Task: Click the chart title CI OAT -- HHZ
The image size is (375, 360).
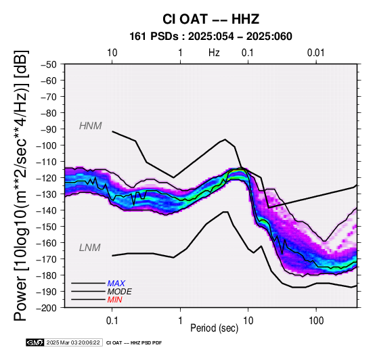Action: click(211, 19)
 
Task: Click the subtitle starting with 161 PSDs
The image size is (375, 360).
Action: click(211, 37)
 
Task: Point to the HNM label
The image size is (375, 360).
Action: click(91, 126)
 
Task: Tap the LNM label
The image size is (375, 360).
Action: click(89, 248)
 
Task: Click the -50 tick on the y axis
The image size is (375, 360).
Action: click(49, 64)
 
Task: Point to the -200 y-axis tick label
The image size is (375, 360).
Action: click(47, 308)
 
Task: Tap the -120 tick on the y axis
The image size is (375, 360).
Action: click(47, 178)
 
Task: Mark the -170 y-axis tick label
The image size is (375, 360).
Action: click(47, 259)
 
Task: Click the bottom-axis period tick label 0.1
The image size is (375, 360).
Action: click(112, 321)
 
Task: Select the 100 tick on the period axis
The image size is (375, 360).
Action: click(316, 321)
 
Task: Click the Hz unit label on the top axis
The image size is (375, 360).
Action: click(214, 53)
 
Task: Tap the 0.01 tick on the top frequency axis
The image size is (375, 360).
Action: click(316, 53)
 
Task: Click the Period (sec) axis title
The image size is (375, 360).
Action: click(215, 328)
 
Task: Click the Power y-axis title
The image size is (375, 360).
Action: click(21, 185)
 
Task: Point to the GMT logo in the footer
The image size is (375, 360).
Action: click(35, 342)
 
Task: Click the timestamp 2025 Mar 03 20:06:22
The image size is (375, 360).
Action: click(73, 342)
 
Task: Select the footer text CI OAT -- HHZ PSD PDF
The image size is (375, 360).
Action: click(134, 343)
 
